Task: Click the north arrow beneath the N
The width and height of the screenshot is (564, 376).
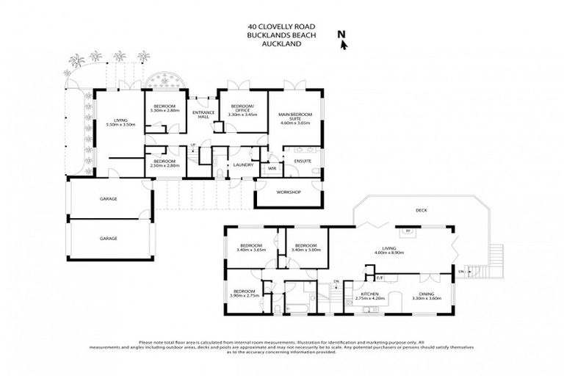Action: coord(344,45)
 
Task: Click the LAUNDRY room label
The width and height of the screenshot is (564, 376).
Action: coord(243,165)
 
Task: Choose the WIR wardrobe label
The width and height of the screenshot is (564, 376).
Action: coord(272,168)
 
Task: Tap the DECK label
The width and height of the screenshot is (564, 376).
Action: coord(421,210)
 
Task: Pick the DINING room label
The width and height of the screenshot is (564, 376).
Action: coord(426,294)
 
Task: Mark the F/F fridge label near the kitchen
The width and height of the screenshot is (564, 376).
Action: coord(380,278)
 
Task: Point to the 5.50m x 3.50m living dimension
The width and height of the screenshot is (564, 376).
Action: coord(117,126)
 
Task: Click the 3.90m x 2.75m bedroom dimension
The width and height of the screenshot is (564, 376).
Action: coord(245,295)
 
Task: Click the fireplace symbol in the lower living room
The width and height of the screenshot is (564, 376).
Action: coord(408,231)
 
